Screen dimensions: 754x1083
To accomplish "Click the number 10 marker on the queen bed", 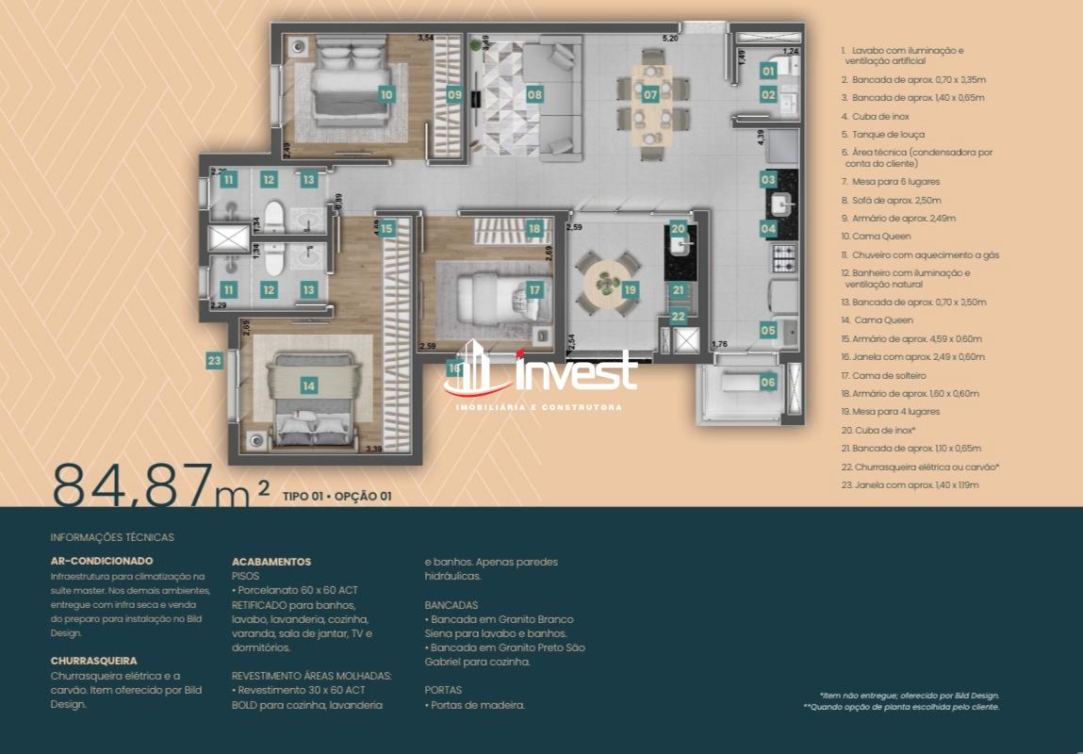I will tap(386, 94).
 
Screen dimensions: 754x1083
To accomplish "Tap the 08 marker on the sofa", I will tap(534, 94).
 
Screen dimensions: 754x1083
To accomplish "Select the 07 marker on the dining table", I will tap(650, 94).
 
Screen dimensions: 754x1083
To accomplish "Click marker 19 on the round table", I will tap(630, 289).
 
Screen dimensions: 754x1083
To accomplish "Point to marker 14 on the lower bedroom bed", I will tap(308, 385).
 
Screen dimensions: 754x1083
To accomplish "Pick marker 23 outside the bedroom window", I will tap(215, 359).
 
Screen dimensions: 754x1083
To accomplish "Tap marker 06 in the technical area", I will tap(768, 382).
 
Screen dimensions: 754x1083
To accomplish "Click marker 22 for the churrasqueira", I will tap(679, 317).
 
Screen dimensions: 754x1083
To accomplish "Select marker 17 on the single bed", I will tap(534, 290).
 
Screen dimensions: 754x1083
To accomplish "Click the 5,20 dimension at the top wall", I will tap(670, 39).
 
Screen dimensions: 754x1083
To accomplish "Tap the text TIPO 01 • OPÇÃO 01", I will tap(336, 496).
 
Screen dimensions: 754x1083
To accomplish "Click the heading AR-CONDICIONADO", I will tap(102, 561).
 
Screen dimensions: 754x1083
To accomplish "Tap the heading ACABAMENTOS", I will tap(271, 562).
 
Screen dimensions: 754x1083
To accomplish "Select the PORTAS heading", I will tap(443, 690).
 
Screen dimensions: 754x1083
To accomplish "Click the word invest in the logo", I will tap(577, 375).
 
